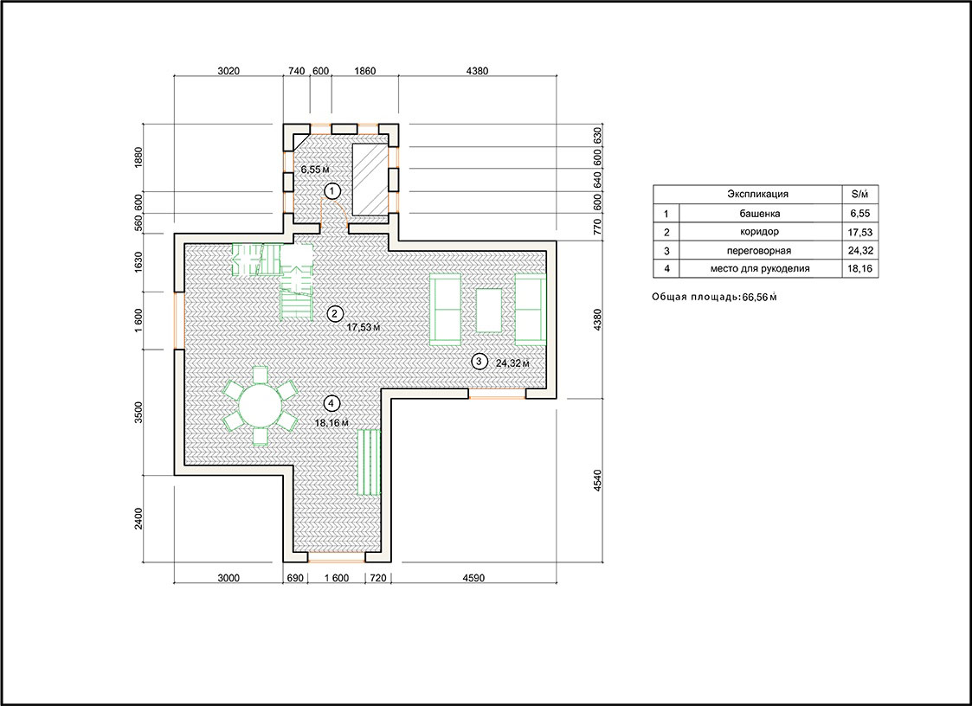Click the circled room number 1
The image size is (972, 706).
pos(333,190)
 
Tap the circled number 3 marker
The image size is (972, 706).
pos(479,361)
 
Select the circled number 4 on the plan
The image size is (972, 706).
pos(332,403)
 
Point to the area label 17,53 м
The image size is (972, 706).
pos(364,327)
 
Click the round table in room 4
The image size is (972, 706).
pos(261,406)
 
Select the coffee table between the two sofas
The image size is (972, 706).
pos(490,310)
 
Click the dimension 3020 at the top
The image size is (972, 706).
pos(229,71)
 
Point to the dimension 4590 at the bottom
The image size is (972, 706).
pos(473,578)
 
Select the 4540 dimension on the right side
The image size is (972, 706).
pos(597,481)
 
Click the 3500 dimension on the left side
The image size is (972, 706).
pos(138,412)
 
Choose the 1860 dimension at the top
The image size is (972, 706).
pos(365,71)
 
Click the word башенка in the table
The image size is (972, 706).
pos(759,214)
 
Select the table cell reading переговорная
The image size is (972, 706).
pos(759,251)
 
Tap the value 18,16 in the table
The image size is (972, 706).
pos(859,269)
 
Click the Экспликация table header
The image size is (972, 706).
pos(757,194)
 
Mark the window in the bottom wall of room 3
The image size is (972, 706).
pos(497,394)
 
